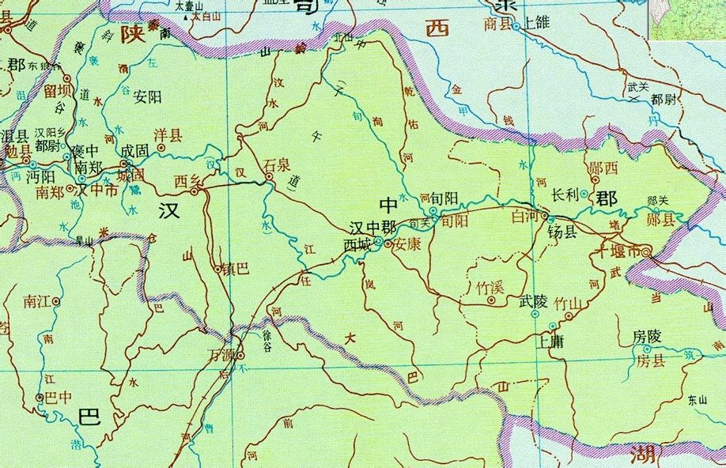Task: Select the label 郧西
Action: tap(603, 168)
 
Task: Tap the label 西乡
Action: tap(187, 182)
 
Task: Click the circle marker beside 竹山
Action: tap(568, 317)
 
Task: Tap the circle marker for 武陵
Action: tap(535, 314)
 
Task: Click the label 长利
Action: tap(565, 194)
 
